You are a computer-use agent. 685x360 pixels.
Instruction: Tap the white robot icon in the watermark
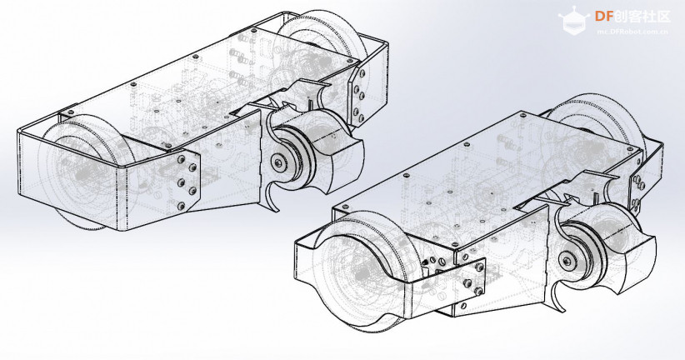click(x=574, y=20)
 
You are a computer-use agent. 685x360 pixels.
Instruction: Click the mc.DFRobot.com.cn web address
click(x=632, y=32)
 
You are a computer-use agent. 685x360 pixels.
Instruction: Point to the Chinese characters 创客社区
click(x=642, y=17)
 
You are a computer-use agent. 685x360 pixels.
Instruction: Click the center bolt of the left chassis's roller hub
click(x=278, y=162)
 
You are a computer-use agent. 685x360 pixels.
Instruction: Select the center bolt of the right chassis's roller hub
click(x=567, y=261)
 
